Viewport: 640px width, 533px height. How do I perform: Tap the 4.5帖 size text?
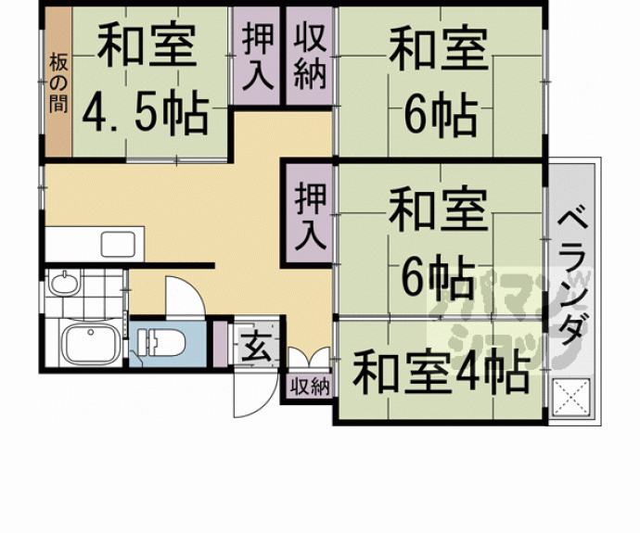tap(146, 113)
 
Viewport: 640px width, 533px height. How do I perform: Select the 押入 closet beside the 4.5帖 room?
tap(257, 56)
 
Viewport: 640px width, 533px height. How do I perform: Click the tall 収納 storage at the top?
tap(310, 56)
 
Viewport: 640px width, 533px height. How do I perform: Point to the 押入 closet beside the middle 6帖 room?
tap(310, 215)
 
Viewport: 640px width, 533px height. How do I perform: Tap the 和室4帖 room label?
tap(441, 374)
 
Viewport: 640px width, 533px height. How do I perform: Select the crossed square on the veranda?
tap(571, 398)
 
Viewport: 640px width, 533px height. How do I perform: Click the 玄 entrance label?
tap(256, 347)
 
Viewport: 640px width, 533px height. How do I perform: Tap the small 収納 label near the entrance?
tap(310, 386)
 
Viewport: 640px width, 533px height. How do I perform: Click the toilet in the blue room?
tap(161, 342)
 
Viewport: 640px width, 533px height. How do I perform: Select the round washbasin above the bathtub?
tap(64, 282)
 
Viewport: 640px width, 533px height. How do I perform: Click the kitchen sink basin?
tap(118, 244)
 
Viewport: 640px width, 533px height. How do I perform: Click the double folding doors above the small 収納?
tap(309, 357)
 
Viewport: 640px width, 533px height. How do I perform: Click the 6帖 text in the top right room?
tap(441, 114)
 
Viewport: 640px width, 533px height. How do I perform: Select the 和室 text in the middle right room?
tap(439, 209)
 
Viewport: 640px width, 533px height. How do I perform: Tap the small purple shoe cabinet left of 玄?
tap(221, 344)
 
